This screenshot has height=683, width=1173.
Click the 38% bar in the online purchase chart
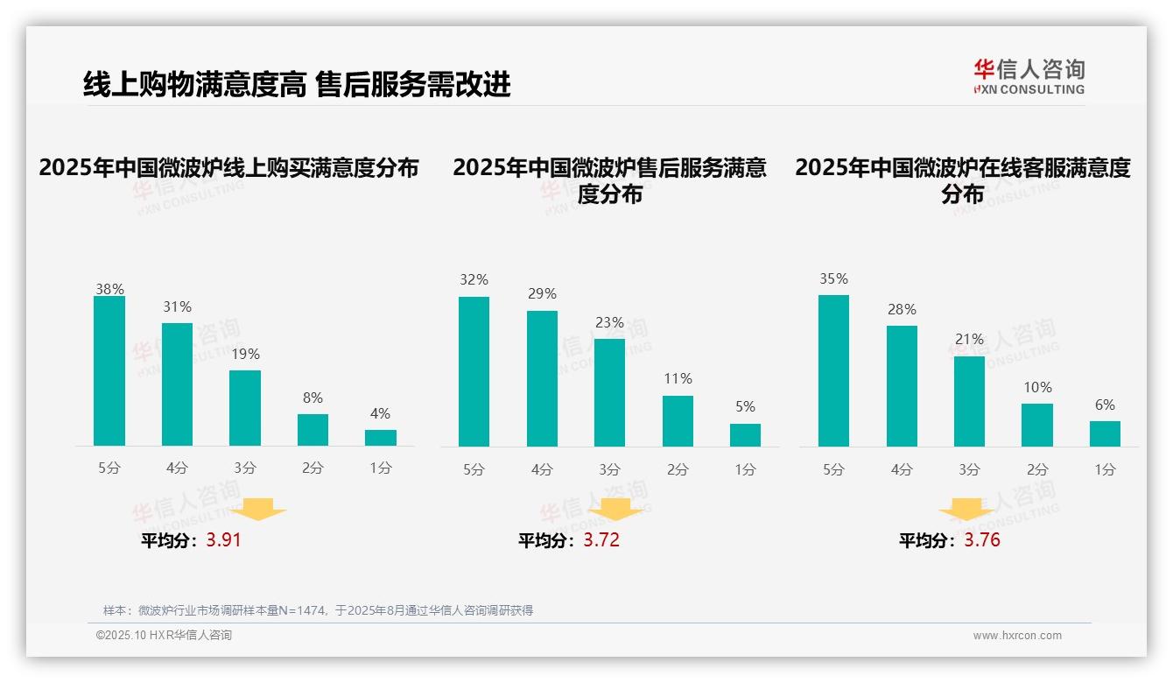point(109,371)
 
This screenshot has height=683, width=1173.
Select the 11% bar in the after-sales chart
point(678,421)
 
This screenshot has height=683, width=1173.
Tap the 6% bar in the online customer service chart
point(1105,433)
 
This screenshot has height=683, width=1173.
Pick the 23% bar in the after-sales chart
point(609,392)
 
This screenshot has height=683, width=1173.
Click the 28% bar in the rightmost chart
point(902,386)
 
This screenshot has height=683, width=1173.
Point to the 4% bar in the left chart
point(381,438)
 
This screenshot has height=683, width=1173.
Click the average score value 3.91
point(223,540)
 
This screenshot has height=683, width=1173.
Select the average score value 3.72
point(601,540)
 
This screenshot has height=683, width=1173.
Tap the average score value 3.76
point(982,540)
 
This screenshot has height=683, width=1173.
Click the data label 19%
point(245,355)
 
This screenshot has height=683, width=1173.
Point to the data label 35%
point(833,279)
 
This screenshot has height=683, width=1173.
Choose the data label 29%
point(542,294)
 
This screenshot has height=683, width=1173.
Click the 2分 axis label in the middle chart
point(678,469)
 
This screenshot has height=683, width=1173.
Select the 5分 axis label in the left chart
point(109,468)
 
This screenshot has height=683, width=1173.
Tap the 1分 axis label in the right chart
point(1105,469)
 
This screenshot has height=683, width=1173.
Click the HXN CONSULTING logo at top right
point(1029,77)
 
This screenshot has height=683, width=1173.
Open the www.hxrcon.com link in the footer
point(1017,636)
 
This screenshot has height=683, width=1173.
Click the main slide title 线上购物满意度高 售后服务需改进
point(297,85)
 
